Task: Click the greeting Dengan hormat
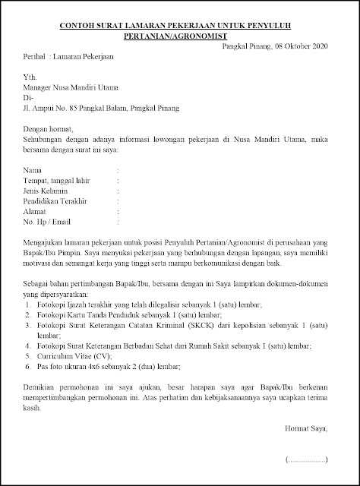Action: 49,129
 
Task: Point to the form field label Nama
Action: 32,172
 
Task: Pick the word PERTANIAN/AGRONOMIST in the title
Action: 180,36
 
